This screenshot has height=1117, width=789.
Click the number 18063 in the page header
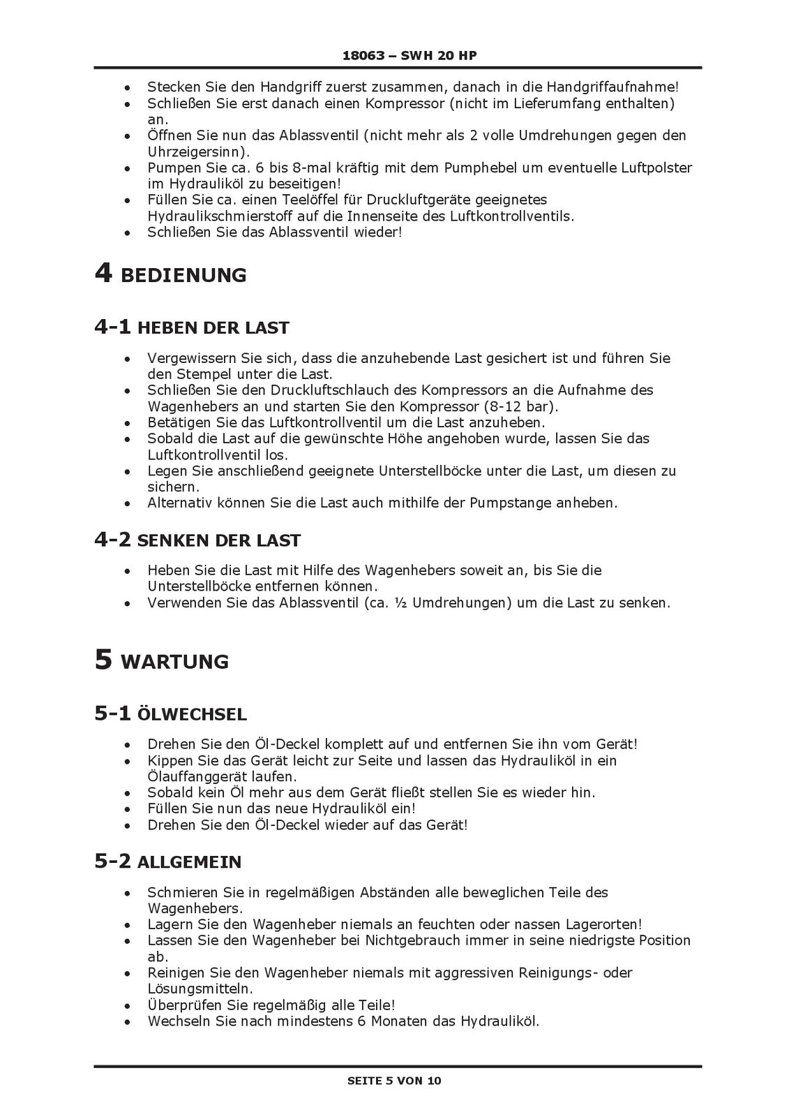pos(363,55)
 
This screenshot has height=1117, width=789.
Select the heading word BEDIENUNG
pos(183,276)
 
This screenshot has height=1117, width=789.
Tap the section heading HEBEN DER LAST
pos(213,328)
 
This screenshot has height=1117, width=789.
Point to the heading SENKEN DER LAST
pos(219,541)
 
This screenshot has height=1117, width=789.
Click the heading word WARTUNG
pos(174,662)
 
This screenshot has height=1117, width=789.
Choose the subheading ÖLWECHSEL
pos(192,715)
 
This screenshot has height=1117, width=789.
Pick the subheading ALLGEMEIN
pos(189,863)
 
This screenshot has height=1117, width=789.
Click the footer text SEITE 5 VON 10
pos(394,1081)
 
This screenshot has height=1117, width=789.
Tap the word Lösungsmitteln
pos(198,989)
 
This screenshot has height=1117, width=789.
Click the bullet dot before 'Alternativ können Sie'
pos(126,503)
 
